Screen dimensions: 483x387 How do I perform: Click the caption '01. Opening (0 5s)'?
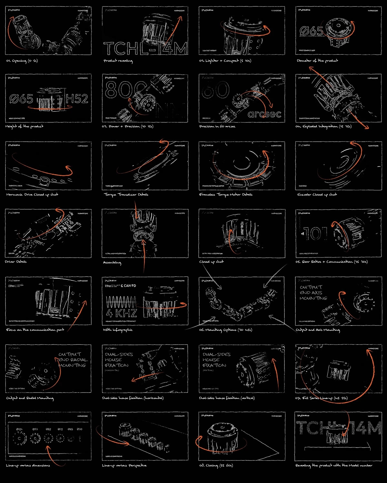22,61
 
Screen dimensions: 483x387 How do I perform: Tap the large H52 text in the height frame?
77,99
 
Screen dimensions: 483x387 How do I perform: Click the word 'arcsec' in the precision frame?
264,114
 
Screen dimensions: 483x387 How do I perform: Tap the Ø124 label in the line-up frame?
19,429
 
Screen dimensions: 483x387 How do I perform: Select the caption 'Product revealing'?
118,61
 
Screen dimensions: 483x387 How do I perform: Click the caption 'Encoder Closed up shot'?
317,194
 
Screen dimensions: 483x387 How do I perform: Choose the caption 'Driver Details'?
16,262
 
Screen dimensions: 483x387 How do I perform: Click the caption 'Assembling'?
112,262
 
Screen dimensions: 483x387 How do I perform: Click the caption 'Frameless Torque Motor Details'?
226,194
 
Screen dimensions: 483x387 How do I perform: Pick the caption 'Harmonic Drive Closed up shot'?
32,194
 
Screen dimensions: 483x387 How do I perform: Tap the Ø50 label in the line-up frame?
79,429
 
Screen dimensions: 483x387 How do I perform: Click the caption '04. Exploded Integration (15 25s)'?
323,127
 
